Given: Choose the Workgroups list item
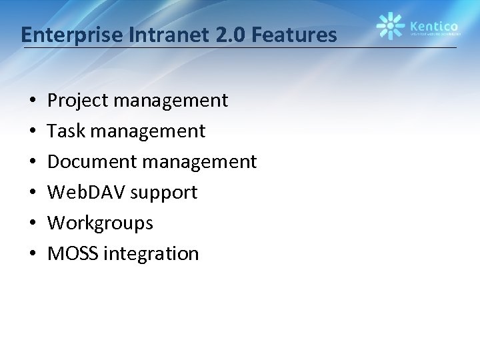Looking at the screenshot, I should click(100, 223).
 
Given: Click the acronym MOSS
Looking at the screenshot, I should click(72, 253).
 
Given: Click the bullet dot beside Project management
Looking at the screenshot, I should click(32, 101).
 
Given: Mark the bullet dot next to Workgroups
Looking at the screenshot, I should click(32, 223).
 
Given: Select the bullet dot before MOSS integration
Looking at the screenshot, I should click(32, 254).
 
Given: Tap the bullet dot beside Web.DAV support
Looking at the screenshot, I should click(32, 193).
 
